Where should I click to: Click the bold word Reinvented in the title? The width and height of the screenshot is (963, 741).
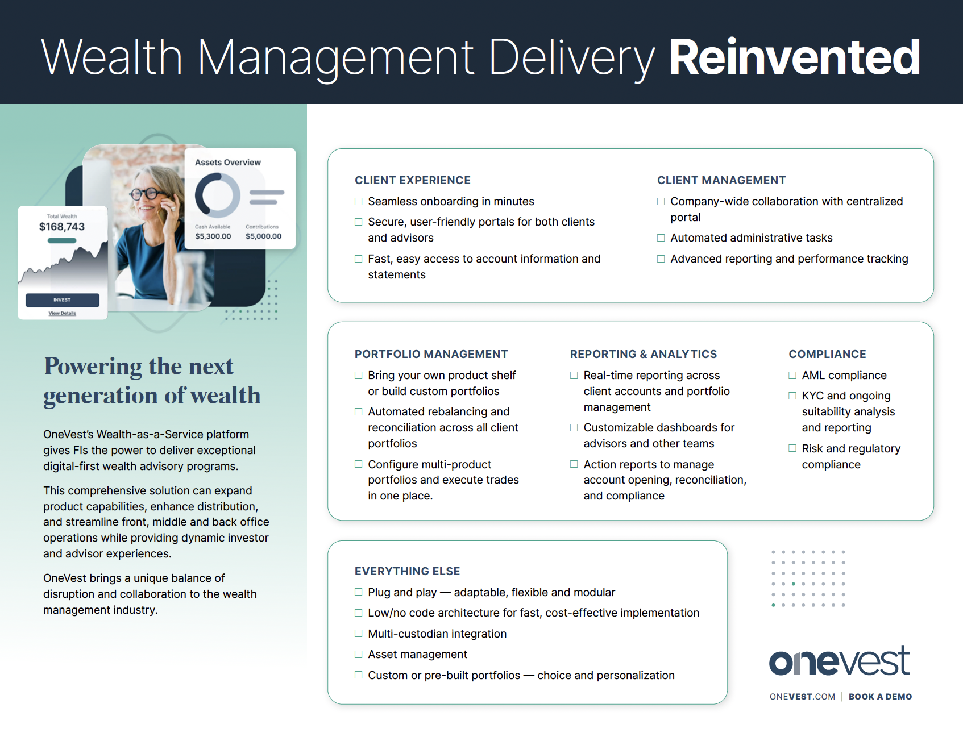click(794, 57)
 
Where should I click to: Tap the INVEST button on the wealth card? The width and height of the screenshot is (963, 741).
click(63, 300)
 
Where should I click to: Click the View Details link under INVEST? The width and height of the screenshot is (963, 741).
click(62, 313)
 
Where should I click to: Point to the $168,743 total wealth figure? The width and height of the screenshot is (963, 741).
click(62, 227)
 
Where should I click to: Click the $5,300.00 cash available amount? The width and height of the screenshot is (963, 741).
click(213, 236)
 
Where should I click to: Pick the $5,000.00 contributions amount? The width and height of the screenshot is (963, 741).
click(263, 236)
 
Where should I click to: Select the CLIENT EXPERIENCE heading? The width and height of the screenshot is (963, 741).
click(413, 180)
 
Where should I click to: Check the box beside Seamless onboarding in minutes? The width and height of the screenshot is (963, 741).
click(359, 202)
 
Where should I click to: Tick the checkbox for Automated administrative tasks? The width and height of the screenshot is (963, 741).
click(661, 238)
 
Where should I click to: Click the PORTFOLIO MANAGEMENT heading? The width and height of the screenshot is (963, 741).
click(431, 354)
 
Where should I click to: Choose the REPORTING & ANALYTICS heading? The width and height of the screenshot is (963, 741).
click(644, 354)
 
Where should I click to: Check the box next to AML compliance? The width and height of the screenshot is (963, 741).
click(792, 376)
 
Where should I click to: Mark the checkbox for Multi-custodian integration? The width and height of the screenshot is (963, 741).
click(359, 634)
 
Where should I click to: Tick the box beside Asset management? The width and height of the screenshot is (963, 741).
click(359, 655)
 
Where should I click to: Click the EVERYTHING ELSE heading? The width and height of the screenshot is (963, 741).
click(408, 571)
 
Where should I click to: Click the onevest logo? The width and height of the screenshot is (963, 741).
click(840, 661)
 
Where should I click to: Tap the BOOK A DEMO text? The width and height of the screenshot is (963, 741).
click(880, 697)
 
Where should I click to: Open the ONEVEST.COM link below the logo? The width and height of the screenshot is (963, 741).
click(802, 697)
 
